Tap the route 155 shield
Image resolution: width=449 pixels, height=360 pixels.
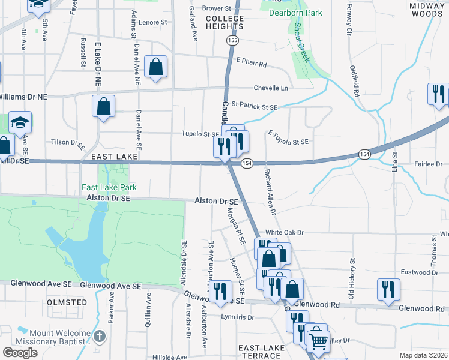232,40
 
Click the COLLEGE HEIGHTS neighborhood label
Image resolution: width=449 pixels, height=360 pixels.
224,22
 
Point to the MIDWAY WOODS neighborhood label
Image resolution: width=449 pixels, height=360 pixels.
426,9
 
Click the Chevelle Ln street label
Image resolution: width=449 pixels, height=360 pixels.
271,88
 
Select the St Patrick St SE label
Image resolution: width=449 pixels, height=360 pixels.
255,107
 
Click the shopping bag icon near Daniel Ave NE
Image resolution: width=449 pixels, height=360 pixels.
156,68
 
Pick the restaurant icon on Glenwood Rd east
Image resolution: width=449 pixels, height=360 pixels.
388,289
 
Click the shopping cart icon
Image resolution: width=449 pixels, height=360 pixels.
319,341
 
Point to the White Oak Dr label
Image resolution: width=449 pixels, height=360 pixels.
285,232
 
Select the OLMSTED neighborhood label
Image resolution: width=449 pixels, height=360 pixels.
67,302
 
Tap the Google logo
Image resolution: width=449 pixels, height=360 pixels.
20,353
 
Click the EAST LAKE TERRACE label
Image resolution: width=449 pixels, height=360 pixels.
261,352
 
